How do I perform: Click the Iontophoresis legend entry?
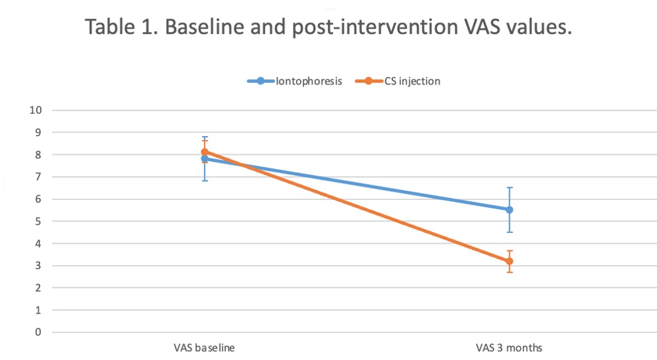(x=294, y=81)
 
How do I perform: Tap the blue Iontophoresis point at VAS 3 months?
(x=509, y=210)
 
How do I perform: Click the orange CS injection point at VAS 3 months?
(x=509, y=261)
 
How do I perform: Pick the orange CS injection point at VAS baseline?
(x=205, y=152)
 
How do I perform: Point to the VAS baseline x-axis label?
(x=205, y=348)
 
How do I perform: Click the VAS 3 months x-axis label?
(x=509, y=348)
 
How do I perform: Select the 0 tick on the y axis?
(x=38, y=332)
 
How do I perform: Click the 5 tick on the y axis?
(x=38, y=221)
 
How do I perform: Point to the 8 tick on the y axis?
(x=38, y=155)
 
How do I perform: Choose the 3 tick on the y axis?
(x=38, y=266)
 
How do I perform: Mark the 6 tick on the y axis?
(x=38, y=199)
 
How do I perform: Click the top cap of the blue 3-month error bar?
(x=509, y=188)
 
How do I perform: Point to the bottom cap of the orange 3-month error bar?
(x=509, y=272)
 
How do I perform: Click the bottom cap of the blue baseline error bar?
(x=205, y=181)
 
